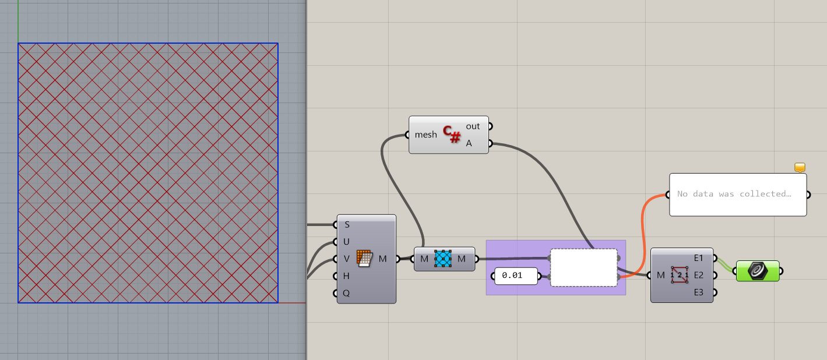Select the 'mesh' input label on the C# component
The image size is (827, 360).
coord(425,135)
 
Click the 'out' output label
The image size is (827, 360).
coord(473,126)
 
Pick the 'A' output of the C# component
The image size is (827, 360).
coord(469,143)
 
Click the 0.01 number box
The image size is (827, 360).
coord(515,276)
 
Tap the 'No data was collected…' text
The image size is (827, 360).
coord(734,194)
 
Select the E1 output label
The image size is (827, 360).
coord(699,257)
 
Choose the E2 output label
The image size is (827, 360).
coord(699,275)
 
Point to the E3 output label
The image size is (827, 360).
coord(699,292)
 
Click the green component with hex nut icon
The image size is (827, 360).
coord(758,271)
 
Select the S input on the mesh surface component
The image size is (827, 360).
coord(347,224)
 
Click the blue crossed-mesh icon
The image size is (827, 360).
coord(444,259)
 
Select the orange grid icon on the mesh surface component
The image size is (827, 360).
coord(364,259)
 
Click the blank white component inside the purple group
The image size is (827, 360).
coord(583,267)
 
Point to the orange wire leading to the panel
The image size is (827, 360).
coord(642,233)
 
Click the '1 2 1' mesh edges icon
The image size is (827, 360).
coord(679,275)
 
